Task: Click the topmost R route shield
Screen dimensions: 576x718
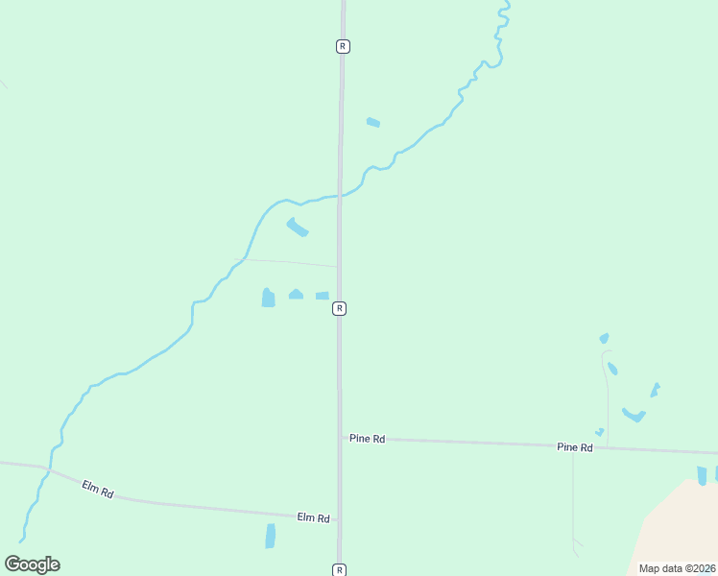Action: click(343, 46)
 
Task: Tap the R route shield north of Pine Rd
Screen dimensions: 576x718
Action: click(340, 308)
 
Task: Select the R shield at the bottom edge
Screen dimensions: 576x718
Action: click(339, 569)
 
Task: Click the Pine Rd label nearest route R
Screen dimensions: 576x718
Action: click(367, 439)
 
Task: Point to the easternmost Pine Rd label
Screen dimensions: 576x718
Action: click(575, 447)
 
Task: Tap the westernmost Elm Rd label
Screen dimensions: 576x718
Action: click(98, 490)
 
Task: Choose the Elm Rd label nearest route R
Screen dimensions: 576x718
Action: click(313, 517)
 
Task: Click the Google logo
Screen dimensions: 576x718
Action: click(32, 564)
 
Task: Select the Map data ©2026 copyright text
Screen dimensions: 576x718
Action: click(678, 568)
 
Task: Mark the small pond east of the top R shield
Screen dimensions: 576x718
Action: click(373, 122)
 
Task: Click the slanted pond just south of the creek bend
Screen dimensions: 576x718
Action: click(298, 228)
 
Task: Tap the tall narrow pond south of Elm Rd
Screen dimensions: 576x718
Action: click(271, 536)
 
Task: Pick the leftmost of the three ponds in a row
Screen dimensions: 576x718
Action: click(268, 299)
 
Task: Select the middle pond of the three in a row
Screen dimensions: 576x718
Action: click(296, 295)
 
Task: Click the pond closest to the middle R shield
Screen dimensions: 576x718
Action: click(323, 296)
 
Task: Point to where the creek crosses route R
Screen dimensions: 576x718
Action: click(340, 196)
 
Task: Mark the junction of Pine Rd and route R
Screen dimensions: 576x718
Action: click(339, 437)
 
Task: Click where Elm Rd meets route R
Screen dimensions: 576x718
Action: click(338, 520)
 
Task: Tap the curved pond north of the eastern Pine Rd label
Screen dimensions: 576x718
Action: click(634, 416)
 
